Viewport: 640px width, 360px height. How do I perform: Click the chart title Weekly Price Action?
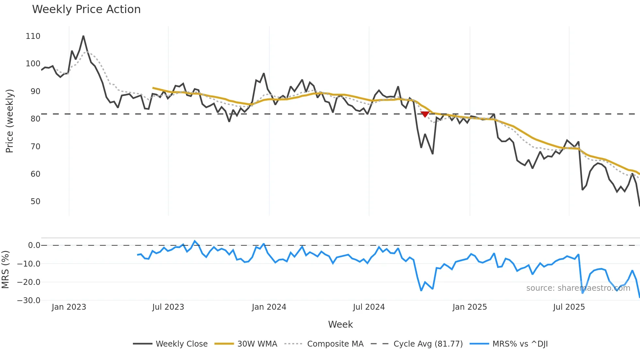click(x=86, y=9)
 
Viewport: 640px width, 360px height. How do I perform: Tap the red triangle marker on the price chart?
click(x=425, y=114)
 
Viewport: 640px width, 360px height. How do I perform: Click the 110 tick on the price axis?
click(x=33, y=36)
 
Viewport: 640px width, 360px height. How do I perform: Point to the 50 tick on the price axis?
click(x=35, y=202)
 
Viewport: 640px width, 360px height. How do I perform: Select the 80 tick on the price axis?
click(x=35, y=119)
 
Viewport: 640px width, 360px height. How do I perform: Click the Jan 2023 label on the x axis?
click(x=69, y=307)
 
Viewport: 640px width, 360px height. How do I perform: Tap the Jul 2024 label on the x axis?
click(x=369, y=307)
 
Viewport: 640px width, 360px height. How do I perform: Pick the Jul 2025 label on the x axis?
click(x=569, y=307)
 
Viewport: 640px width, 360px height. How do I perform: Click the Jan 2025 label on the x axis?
click(x=470, y=307)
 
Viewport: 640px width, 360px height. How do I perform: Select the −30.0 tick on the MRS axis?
click(x=29, y=301)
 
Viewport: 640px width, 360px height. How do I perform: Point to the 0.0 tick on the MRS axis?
click(x=34, y=245)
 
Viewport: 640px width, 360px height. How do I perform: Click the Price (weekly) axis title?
click(x=9, y=121)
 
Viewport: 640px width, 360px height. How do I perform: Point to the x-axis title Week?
click(x=340, y=324)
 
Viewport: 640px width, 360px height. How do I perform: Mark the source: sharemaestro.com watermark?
click(x=578, y=288)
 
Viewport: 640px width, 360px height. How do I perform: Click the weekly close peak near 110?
click(x=83, y=36)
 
